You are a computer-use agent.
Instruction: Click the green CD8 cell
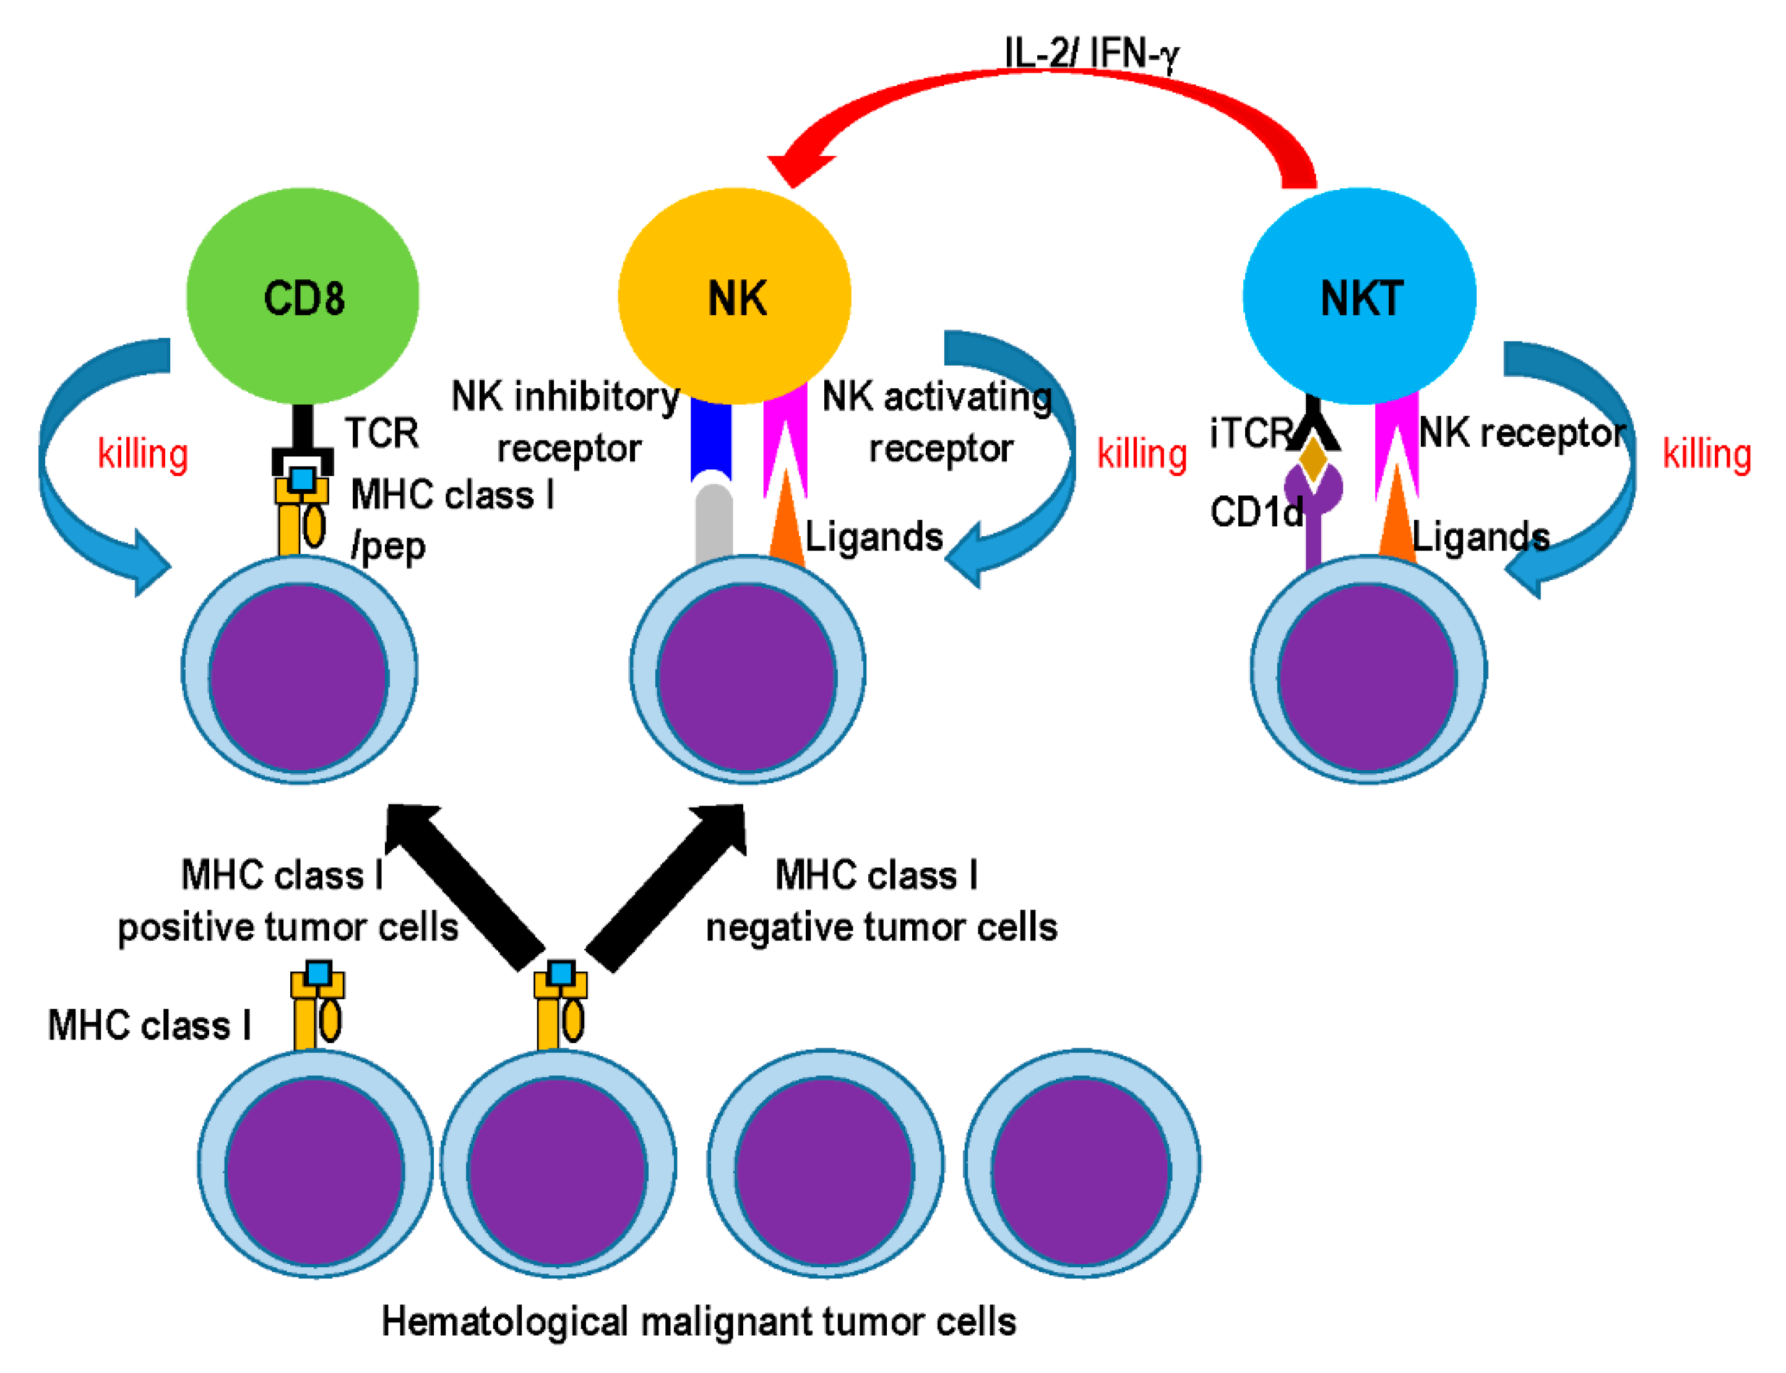[302, 296]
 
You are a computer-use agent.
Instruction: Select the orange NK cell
[735, 296]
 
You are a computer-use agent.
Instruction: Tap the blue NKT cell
[1359, 296]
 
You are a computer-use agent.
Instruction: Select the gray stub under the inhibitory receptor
[714, 523]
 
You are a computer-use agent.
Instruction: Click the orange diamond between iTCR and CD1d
[1312, 459]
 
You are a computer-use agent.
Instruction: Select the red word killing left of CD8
[143, 454]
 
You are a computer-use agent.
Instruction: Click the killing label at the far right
[1706, 454]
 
